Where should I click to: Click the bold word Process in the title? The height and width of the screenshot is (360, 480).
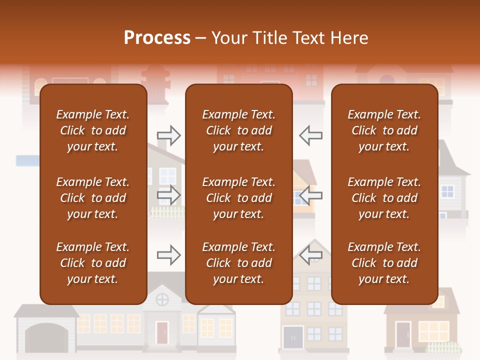pos(157,38)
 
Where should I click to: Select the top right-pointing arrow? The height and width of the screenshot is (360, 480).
pos(169,135)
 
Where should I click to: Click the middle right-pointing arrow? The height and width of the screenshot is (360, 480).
pos(169,195)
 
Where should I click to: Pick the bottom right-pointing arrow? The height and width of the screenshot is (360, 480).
pos(169,255)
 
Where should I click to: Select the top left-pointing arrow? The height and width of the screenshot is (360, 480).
pos(310,135)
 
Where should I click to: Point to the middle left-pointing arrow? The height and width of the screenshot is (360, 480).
pos(310,195)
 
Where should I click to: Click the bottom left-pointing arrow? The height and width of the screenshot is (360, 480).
pos(310,255)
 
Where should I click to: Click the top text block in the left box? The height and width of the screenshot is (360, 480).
pos(93,130)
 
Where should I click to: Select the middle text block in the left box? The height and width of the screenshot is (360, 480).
pos(93,198)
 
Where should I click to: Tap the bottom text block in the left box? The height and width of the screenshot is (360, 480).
pos(93,263)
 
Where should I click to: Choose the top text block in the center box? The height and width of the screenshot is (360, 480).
pos(238,130)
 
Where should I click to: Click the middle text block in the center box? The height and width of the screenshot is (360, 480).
pos(238,198)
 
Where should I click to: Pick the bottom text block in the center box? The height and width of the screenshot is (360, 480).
pos(238,263)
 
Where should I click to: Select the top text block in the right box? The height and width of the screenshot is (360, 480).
pos(384,130)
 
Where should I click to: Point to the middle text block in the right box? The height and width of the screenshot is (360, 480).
pos(384,198)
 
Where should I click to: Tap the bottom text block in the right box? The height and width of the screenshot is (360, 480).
pos(384,263)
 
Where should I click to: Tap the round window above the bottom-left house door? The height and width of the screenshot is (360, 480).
pos(161,300)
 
